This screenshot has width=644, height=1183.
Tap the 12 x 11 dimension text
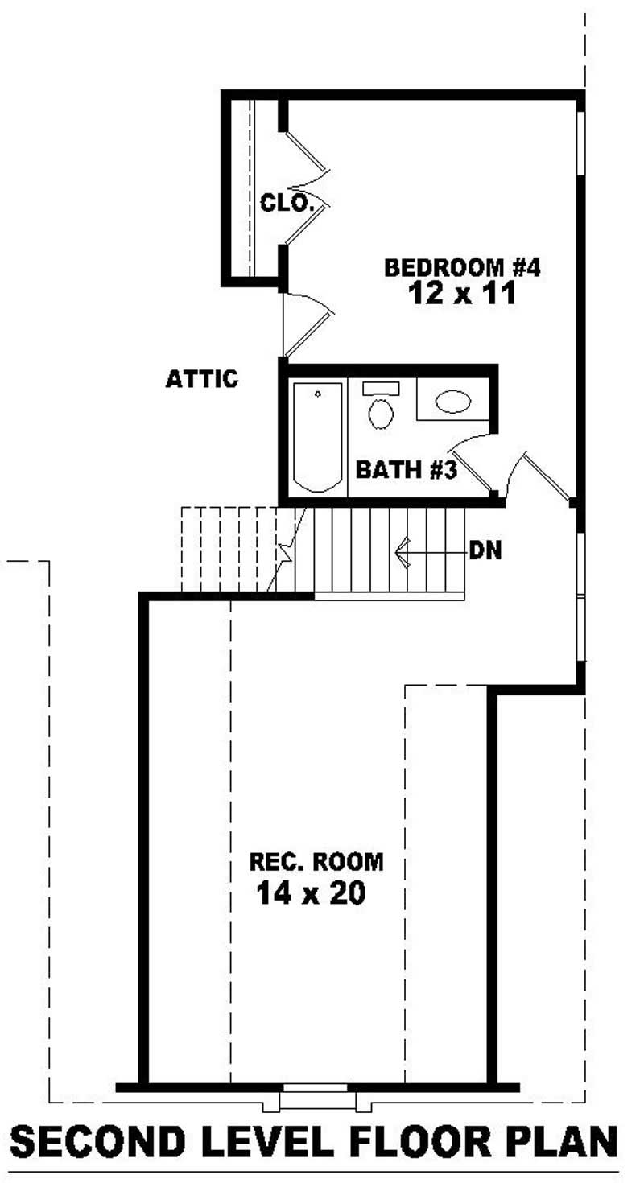click(460, 294)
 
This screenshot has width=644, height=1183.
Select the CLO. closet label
click(286, 204)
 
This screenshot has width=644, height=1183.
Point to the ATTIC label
click(201, 379)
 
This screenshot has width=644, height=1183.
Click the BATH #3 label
click(407, 470)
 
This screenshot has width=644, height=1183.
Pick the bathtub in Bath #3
click(316, 436)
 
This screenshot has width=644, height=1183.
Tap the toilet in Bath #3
click(381, 409)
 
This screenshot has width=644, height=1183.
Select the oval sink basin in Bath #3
click(452, 402)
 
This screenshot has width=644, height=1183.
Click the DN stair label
click(485, 551)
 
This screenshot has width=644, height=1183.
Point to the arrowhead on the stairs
click(402, 552)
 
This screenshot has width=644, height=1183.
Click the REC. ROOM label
click(316, 863)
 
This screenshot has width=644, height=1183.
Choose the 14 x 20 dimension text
click(311, 892)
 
